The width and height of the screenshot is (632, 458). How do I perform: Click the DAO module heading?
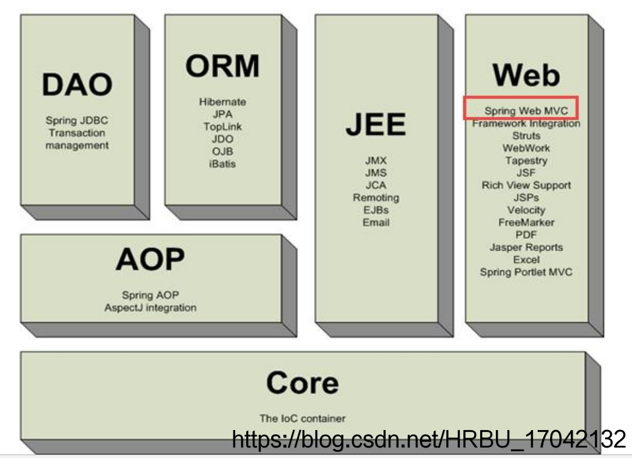coord(77,85)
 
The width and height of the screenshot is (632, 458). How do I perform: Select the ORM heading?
coord(222,66)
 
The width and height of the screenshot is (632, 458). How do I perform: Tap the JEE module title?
coord(375,126)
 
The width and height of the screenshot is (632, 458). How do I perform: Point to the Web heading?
coord(526,76)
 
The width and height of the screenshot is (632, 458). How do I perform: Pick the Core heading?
coord(302,384)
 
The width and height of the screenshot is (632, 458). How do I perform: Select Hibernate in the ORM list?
coord(222,102)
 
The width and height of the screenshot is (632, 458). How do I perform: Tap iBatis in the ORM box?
coord(222,164)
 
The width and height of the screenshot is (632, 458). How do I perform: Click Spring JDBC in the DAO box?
coord(77,121)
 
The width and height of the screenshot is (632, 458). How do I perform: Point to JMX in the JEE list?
coord(376,160)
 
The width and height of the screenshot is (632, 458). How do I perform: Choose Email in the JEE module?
coord(376,223)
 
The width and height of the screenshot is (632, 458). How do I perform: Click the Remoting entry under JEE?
coord(376,198)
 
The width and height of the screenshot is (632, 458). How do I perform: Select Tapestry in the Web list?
coord(526,160)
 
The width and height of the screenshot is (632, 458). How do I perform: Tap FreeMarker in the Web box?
coord(526,223)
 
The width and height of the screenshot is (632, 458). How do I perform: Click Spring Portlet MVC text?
coord(526,272)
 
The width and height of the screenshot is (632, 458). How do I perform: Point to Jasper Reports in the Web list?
coord(526,247)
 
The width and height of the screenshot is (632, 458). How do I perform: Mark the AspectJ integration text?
coord(150,307)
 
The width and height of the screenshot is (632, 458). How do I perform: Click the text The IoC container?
coord(302,418)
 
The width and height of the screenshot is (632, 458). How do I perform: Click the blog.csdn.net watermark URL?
coord(428,439)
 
